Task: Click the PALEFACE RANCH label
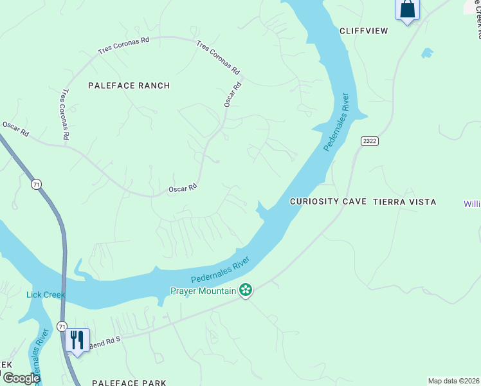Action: tap(129, 86)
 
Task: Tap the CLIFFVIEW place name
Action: tap(364, 30)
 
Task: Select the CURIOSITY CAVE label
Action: tap(328, 202)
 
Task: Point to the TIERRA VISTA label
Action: tap(404, 202)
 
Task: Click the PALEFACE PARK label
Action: tap(129, 383)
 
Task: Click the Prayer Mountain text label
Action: tap(203, 291)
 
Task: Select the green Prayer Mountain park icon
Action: tap(245, 291)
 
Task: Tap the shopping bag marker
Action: tap(406, 10)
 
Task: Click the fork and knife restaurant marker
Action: tap(77, 340)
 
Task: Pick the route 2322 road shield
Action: tap(368, 141)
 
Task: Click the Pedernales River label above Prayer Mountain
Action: tap(220, 271)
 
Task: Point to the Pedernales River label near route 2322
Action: tap(336, 122)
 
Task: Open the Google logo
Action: tap(21, 378)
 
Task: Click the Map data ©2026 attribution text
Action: tap(453, 381)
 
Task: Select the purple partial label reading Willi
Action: tap(472, 204)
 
